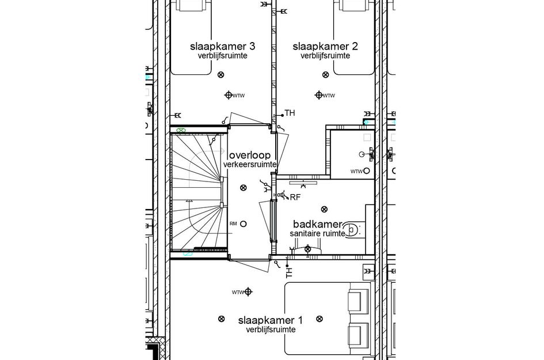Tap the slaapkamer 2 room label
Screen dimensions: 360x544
pyautogui.click(x=325, y=46)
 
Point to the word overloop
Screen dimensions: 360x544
pyautogui.click(x=251, y=156)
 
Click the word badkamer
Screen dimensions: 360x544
pyautogui.click(x=318, y=224)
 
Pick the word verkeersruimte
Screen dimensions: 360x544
pyautogui.click(x=251, y=165)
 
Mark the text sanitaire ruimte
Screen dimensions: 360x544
pyautogui.click(x=318, y=233)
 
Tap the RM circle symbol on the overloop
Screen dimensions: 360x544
pyautogui.click(x=244, y=223)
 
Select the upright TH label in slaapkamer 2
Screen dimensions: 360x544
pyautogui.click(x=290, y=113)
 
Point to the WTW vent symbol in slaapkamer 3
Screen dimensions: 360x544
pyautogui.click(x=228, y=95)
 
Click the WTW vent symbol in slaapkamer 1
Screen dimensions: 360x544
pyautogui.click(x=248, y=292)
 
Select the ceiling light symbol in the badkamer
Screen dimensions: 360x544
pyautogui.click(x=325, y=209)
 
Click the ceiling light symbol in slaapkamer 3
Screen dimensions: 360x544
pyautogui.click(x=221, y=75)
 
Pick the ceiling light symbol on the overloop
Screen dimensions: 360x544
pyautogui.click(x=243, y=187)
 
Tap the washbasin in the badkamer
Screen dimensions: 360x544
pyautogui.click(x=307, y=249)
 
